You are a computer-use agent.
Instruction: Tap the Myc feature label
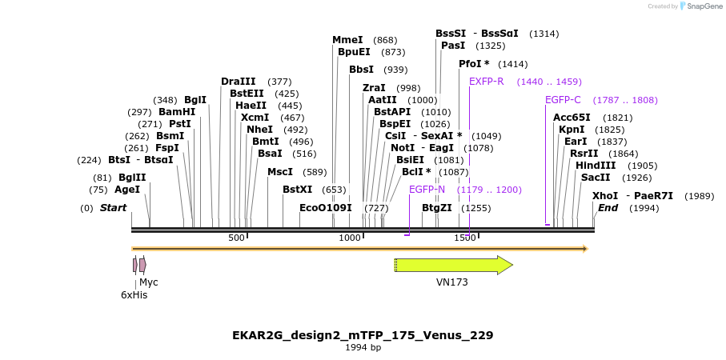149,282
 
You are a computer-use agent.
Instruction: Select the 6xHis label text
134,295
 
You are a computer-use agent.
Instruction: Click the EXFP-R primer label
486,82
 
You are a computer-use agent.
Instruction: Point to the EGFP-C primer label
563,100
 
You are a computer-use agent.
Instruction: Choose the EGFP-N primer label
427,190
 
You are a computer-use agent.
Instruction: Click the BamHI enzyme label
177,112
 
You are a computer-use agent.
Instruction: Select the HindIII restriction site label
596,166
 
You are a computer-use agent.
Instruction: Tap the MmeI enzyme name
347,40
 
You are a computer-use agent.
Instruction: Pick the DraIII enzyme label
239,82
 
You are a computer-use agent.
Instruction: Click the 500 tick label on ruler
236,238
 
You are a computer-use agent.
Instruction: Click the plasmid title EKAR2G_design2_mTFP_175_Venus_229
363,334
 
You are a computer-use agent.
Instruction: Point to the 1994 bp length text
363,348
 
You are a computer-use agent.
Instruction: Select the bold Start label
113,208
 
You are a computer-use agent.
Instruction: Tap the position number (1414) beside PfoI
512,64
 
